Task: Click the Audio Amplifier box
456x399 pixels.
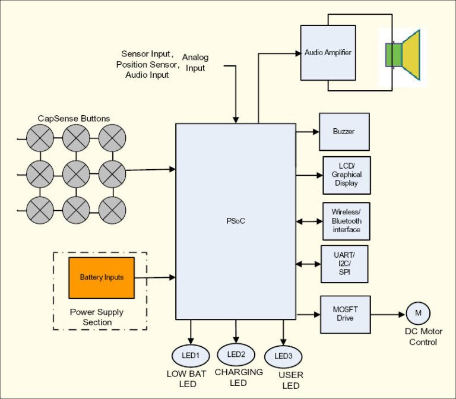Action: pos(328,53)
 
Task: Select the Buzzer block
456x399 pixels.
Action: pos(344,132)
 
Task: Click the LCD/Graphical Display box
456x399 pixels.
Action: pos(347,175)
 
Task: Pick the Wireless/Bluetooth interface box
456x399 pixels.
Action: pos(346,221)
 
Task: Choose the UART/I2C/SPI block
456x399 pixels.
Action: pos(344,264)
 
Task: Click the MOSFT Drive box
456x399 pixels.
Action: pos(345,314)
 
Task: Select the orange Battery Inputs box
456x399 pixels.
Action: pos(102,277)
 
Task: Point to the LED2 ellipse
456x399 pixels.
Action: pos(236,354)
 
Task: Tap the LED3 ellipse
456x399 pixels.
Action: pos(283,356)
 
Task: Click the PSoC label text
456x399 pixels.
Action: pos(236,221)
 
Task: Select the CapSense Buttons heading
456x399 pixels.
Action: pos(74,119)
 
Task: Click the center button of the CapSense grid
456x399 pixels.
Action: pos(76,174)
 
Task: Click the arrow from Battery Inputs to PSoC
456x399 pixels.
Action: pos(154,277)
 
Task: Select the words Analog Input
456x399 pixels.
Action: pos(195,63)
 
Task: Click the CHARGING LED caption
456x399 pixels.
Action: pos(239,378)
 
